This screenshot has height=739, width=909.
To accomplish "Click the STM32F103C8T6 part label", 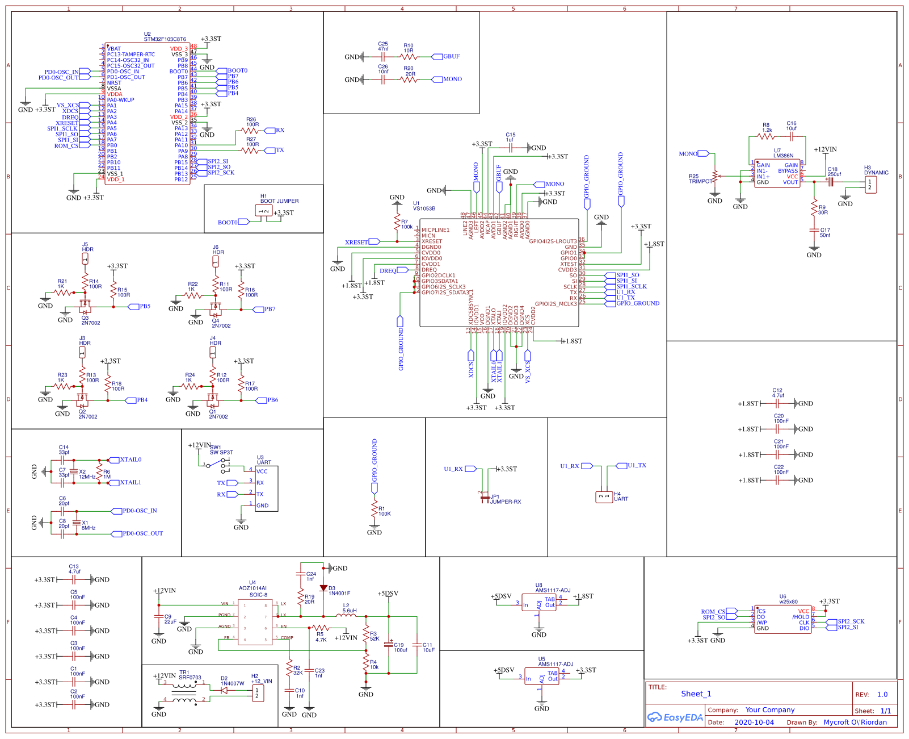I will pyautogui.click(x=165, y=39).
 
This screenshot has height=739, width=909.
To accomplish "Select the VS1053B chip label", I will pyautogui.click(x=424, y=208).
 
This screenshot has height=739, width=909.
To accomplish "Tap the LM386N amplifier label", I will pyautogui.click(x=783, y=156).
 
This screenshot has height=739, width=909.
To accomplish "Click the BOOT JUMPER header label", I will pyautogui.click(x=279, y=201).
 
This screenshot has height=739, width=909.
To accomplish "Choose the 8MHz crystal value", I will pyautogui.click(x=89, y=528).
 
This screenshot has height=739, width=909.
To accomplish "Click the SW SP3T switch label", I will pyautogui.click(x=221, y=453).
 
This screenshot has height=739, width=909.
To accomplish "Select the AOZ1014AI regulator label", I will pyautogui.click(x=253, y=588).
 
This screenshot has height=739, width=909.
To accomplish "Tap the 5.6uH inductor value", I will pyautogui.click(x=349, y=611).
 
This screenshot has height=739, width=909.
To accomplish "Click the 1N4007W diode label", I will pyautogui.click(x=232, y=683).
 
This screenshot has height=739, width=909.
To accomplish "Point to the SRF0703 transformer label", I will pyautogui.click(x=190, y=677).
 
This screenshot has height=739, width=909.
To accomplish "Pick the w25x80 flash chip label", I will pyautogui.click(x=788, y=602).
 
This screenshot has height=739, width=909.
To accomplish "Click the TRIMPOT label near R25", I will pyautogui.click(x=700, y=181).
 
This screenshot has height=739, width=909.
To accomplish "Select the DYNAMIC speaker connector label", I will pyautogui.click(x=876, y=173).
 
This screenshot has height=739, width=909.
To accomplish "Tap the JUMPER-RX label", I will pyautogui.click(x=506, y=502).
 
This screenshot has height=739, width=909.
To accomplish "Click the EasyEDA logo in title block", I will pyautogui.click(x=675, y=717).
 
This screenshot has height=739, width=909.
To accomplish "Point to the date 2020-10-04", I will pyautogui.click(x=754, y=723).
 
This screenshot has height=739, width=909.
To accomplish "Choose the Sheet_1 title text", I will pyautogui.click(x=696, y=694).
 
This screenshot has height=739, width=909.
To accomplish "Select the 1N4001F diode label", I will pyautogui.click(x=339, y=593).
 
